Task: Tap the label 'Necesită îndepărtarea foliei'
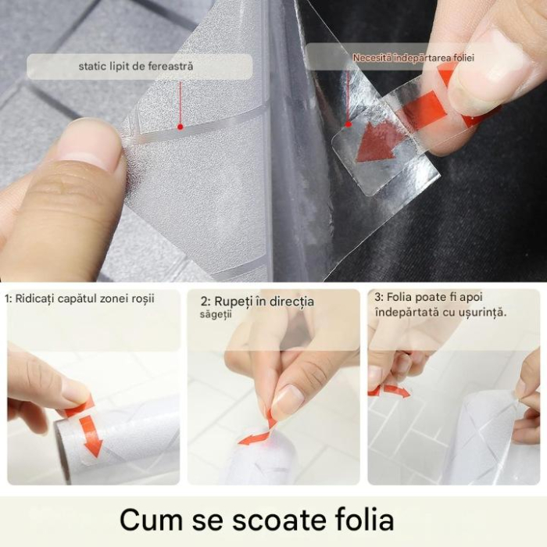click(x=413, y=58)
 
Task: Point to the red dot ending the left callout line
click(x=180, y=126)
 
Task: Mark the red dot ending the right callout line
click(x=349, y=123)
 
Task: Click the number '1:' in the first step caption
click(x=9, y=298)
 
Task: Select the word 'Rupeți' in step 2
click(x=235, y=301)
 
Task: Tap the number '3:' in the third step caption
click(x=379, y=297)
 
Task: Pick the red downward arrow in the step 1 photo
click(x=91, y=436)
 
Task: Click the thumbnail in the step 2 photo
click(x=287, y=400)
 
